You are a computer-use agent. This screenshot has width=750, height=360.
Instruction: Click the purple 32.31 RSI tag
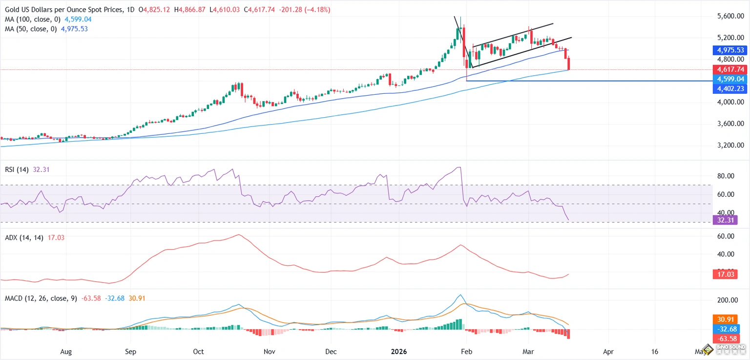[x=723, y=220]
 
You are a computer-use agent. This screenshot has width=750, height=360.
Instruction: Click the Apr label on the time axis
[x=608, y=351]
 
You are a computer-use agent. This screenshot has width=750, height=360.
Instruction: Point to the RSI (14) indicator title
[x=16, y=170]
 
